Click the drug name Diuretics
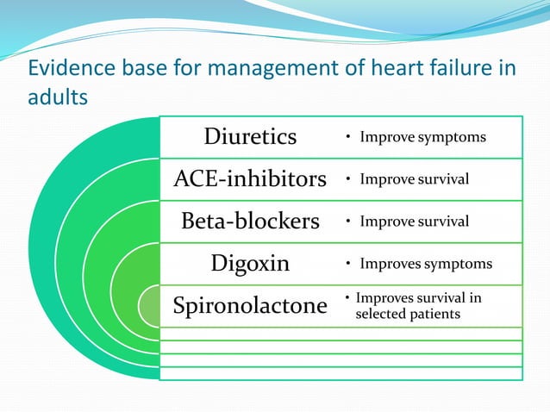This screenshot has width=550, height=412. click(250, 137)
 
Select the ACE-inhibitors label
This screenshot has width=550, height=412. click(250, 179)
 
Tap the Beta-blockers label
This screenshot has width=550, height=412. click(250, 222)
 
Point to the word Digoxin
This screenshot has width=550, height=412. click(250, 264)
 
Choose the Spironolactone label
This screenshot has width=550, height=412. click(250, 306)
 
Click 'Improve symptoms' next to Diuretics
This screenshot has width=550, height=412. click(422, 137)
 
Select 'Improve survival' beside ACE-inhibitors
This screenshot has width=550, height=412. click(414, 179)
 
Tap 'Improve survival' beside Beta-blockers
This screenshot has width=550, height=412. click(414, 222)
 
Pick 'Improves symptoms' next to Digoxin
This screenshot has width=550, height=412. click(426, 264)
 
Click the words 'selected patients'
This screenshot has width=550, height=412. click(408, 315)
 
